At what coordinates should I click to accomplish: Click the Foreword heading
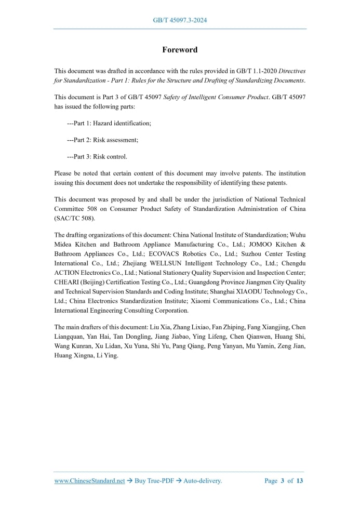[x=180, y=50]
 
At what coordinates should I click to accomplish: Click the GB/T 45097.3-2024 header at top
[x=180, y=20]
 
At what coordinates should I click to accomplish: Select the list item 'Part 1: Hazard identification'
[x=110, y=123]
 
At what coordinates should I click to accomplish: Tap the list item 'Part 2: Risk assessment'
[x=103, y=140]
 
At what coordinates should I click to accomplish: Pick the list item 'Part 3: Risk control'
[x=98, y=156]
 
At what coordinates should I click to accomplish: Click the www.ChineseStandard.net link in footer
[x=89, y=481]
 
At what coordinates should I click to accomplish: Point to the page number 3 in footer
[x=283, y=481]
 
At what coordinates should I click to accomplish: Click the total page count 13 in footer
[x=300, y=481]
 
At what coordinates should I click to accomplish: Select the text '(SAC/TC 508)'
[x=75, y=218]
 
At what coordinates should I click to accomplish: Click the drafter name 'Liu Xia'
[x=161, y=327]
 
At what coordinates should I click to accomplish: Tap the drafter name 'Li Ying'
[x=108, y=355]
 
